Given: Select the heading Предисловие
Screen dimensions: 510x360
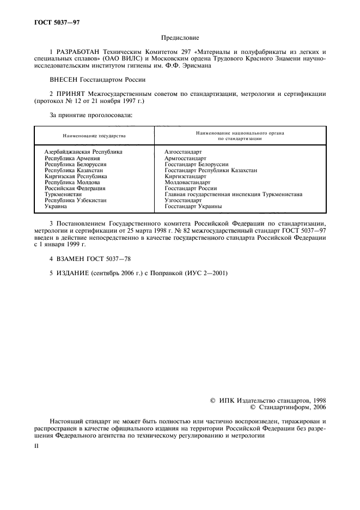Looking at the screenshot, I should (180, 38).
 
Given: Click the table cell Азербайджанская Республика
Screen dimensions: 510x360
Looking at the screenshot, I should (83, 151).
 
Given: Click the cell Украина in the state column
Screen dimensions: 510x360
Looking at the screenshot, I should (56, 207).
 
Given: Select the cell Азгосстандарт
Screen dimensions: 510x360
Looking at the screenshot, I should (183, 151).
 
